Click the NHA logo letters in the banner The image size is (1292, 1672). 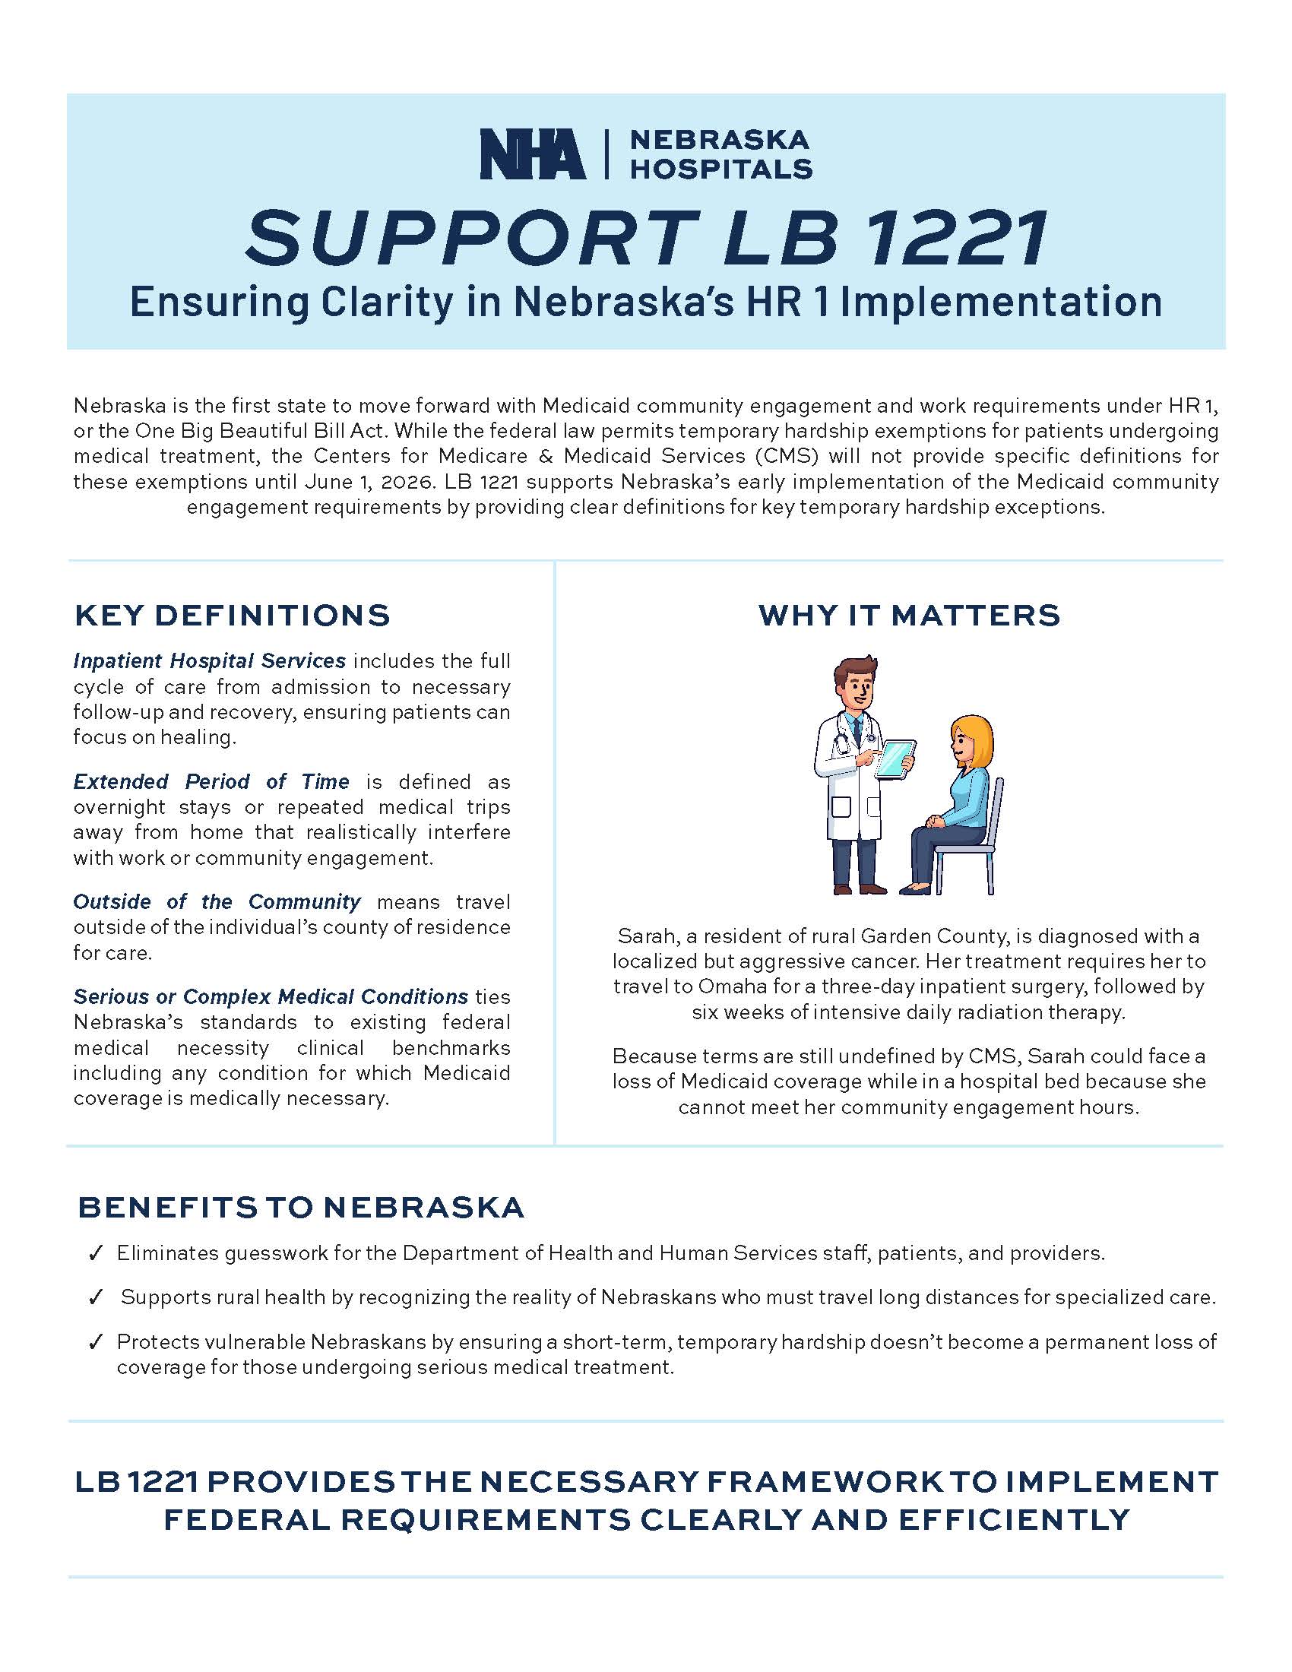click(x=532, y=154)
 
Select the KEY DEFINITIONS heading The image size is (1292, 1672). click(x=232, y=616)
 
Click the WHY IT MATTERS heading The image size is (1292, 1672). click(x=908, y=616)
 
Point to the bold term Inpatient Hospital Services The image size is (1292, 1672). click(x=209, y=660)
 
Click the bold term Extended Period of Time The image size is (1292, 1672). click(x=211, y=781)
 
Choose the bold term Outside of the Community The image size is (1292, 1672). click(x=217, y=902)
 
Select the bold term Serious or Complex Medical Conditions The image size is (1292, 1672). click(x=271, y=997)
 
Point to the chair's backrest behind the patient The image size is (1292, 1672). click(x=997, y=812)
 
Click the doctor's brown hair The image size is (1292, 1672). click(x=856, y=668)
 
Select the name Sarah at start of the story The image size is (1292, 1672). click(x=640, y=936)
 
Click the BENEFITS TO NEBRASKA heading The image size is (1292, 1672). click(x=301, y=1208)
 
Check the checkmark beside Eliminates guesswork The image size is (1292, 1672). click(x=96, y=1254)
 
